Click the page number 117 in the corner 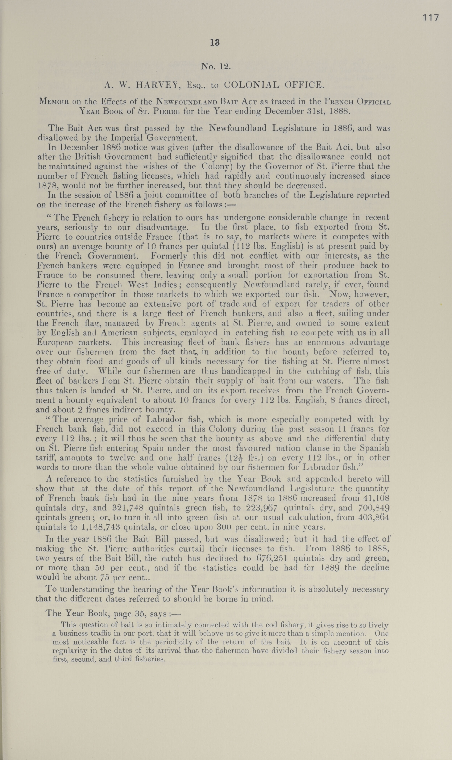(x=430, y=18)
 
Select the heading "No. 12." (x=216, y=66)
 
